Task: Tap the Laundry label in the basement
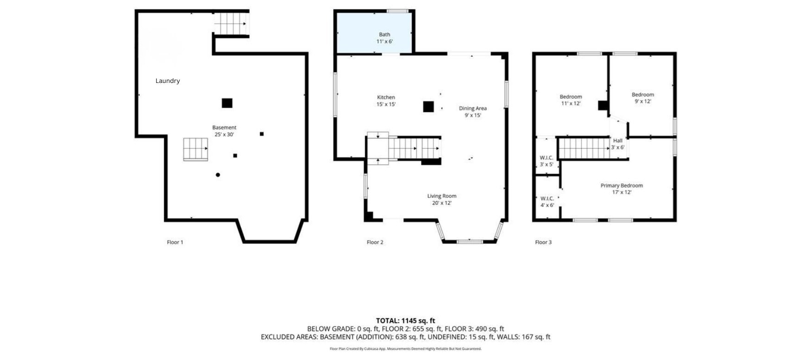(x=167, y=81)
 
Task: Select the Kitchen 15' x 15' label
(x=386, y=101)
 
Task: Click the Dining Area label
(x=472, y=111)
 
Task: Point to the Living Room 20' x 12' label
(x=441, y=199)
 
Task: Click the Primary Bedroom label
(x=621, y=189)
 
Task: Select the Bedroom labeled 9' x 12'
(x=642, y=98)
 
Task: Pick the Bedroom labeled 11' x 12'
(x=571, y=100)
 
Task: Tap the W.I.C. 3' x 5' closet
(x=547, y=161)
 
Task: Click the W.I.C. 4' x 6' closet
(x=547, y=202)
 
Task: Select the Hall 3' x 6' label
(x=617, y=144)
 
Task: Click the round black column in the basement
(x=218, y=175)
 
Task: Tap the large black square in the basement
(x=227, y=103)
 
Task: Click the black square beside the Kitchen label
(x=428, y=107)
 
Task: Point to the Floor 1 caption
(x=175, y=242)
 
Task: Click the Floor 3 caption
(x=543, y=242)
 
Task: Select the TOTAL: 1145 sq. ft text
(x=405, y=320)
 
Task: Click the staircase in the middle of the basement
(x=195, y=149)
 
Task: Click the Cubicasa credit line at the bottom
(x=405, y=349)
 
